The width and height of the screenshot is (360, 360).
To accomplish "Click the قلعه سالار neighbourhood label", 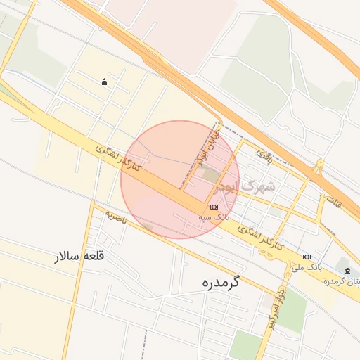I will coord(80,256).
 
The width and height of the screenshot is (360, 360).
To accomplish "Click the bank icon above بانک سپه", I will coord(214,207).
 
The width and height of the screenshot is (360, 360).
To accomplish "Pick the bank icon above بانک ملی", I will coord(307,257).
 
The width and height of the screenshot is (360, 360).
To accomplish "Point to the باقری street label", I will coord(264,154).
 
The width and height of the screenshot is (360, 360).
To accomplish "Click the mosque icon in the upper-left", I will coord(105,82).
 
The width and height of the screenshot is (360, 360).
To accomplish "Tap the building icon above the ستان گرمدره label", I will coord(347,271).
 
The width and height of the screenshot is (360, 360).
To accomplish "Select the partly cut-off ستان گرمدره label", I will coord(343,281).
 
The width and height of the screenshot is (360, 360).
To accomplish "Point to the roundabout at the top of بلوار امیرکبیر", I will coord(271,255).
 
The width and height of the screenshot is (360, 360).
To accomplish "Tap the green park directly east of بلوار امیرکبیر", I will coord(292,309).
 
